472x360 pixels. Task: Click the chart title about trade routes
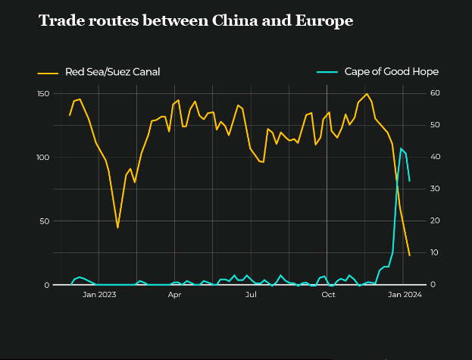(195, 21)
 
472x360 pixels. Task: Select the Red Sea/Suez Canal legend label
(112, 72)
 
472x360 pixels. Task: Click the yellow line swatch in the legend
(48, 73)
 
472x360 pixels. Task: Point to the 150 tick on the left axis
(43, 93)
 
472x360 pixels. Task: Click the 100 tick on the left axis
(43, 158)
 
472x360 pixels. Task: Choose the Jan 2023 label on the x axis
(99, 295)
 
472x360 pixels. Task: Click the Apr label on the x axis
(174, 295)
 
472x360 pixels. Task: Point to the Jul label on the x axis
(250, 295)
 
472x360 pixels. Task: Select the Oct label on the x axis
(327, 295)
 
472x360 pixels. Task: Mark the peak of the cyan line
(401, 149)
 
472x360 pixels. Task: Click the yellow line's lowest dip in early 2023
(117, 227)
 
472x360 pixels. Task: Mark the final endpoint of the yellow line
(410, 255)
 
